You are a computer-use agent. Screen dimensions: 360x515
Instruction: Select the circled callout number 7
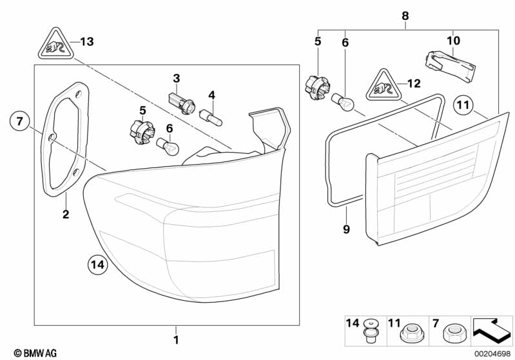[x=20, y=121]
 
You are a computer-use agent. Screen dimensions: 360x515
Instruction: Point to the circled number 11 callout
[x=463, y=104]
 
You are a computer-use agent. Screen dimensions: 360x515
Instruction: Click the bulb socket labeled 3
[x=177, y=100]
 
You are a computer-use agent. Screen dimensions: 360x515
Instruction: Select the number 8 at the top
[x=405, y=15]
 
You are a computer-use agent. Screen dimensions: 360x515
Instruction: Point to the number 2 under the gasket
[x=65, y=214]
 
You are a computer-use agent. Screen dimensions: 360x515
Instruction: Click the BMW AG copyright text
[x=31, y=352]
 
